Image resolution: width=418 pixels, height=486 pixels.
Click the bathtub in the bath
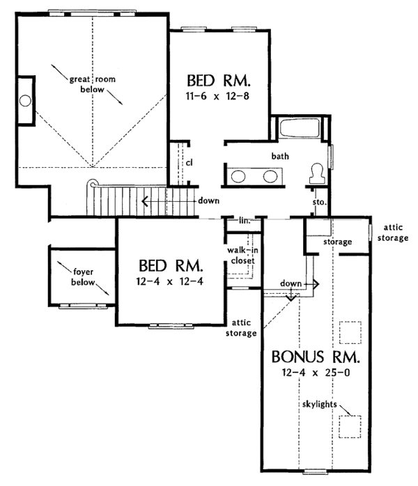coord(299,130)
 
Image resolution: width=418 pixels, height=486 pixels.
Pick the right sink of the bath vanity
coord(271,175)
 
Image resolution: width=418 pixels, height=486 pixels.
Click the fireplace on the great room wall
coord(24,100)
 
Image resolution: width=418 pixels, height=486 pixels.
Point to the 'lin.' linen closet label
coord(245,220)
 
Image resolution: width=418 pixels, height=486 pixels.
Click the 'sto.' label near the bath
coord(320,202)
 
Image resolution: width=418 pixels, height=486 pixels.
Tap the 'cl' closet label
coord(189,163)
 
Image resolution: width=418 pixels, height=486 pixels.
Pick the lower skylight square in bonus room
coord(350,424)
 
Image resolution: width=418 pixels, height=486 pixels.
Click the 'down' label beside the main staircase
coord(208,201)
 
